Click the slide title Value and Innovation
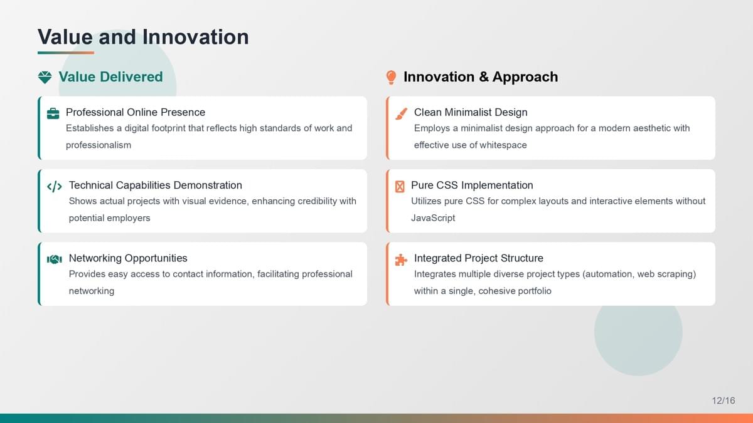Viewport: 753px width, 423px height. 143,36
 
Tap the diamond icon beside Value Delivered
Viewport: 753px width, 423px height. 45,77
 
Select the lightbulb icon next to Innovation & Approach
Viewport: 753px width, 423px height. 391,78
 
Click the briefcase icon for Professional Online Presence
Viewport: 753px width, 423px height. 53,113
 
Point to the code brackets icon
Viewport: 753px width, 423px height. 55,186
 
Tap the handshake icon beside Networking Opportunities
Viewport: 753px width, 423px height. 55,259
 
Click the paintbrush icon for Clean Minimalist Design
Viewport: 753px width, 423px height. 402,113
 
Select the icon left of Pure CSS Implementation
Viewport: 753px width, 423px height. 400,186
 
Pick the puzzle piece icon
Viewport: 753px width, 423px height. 401,259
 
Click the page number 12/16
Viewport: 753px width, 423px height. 724,400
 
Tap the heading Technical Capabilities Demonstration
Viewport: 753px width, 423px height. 156,185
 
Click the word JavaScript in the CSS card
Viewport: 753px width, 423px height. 433,218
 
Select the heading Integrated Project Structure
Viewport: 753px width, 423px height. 479,258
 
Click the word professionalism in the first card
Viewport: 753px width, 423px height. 99,145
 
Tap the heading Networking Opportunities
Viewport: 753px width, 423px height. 128,258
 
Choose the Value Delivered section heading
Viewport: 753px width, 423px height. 110,77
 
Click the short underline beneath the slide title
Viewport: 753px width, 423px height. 66,53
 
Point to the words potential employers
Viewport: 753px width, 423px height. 110,218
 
